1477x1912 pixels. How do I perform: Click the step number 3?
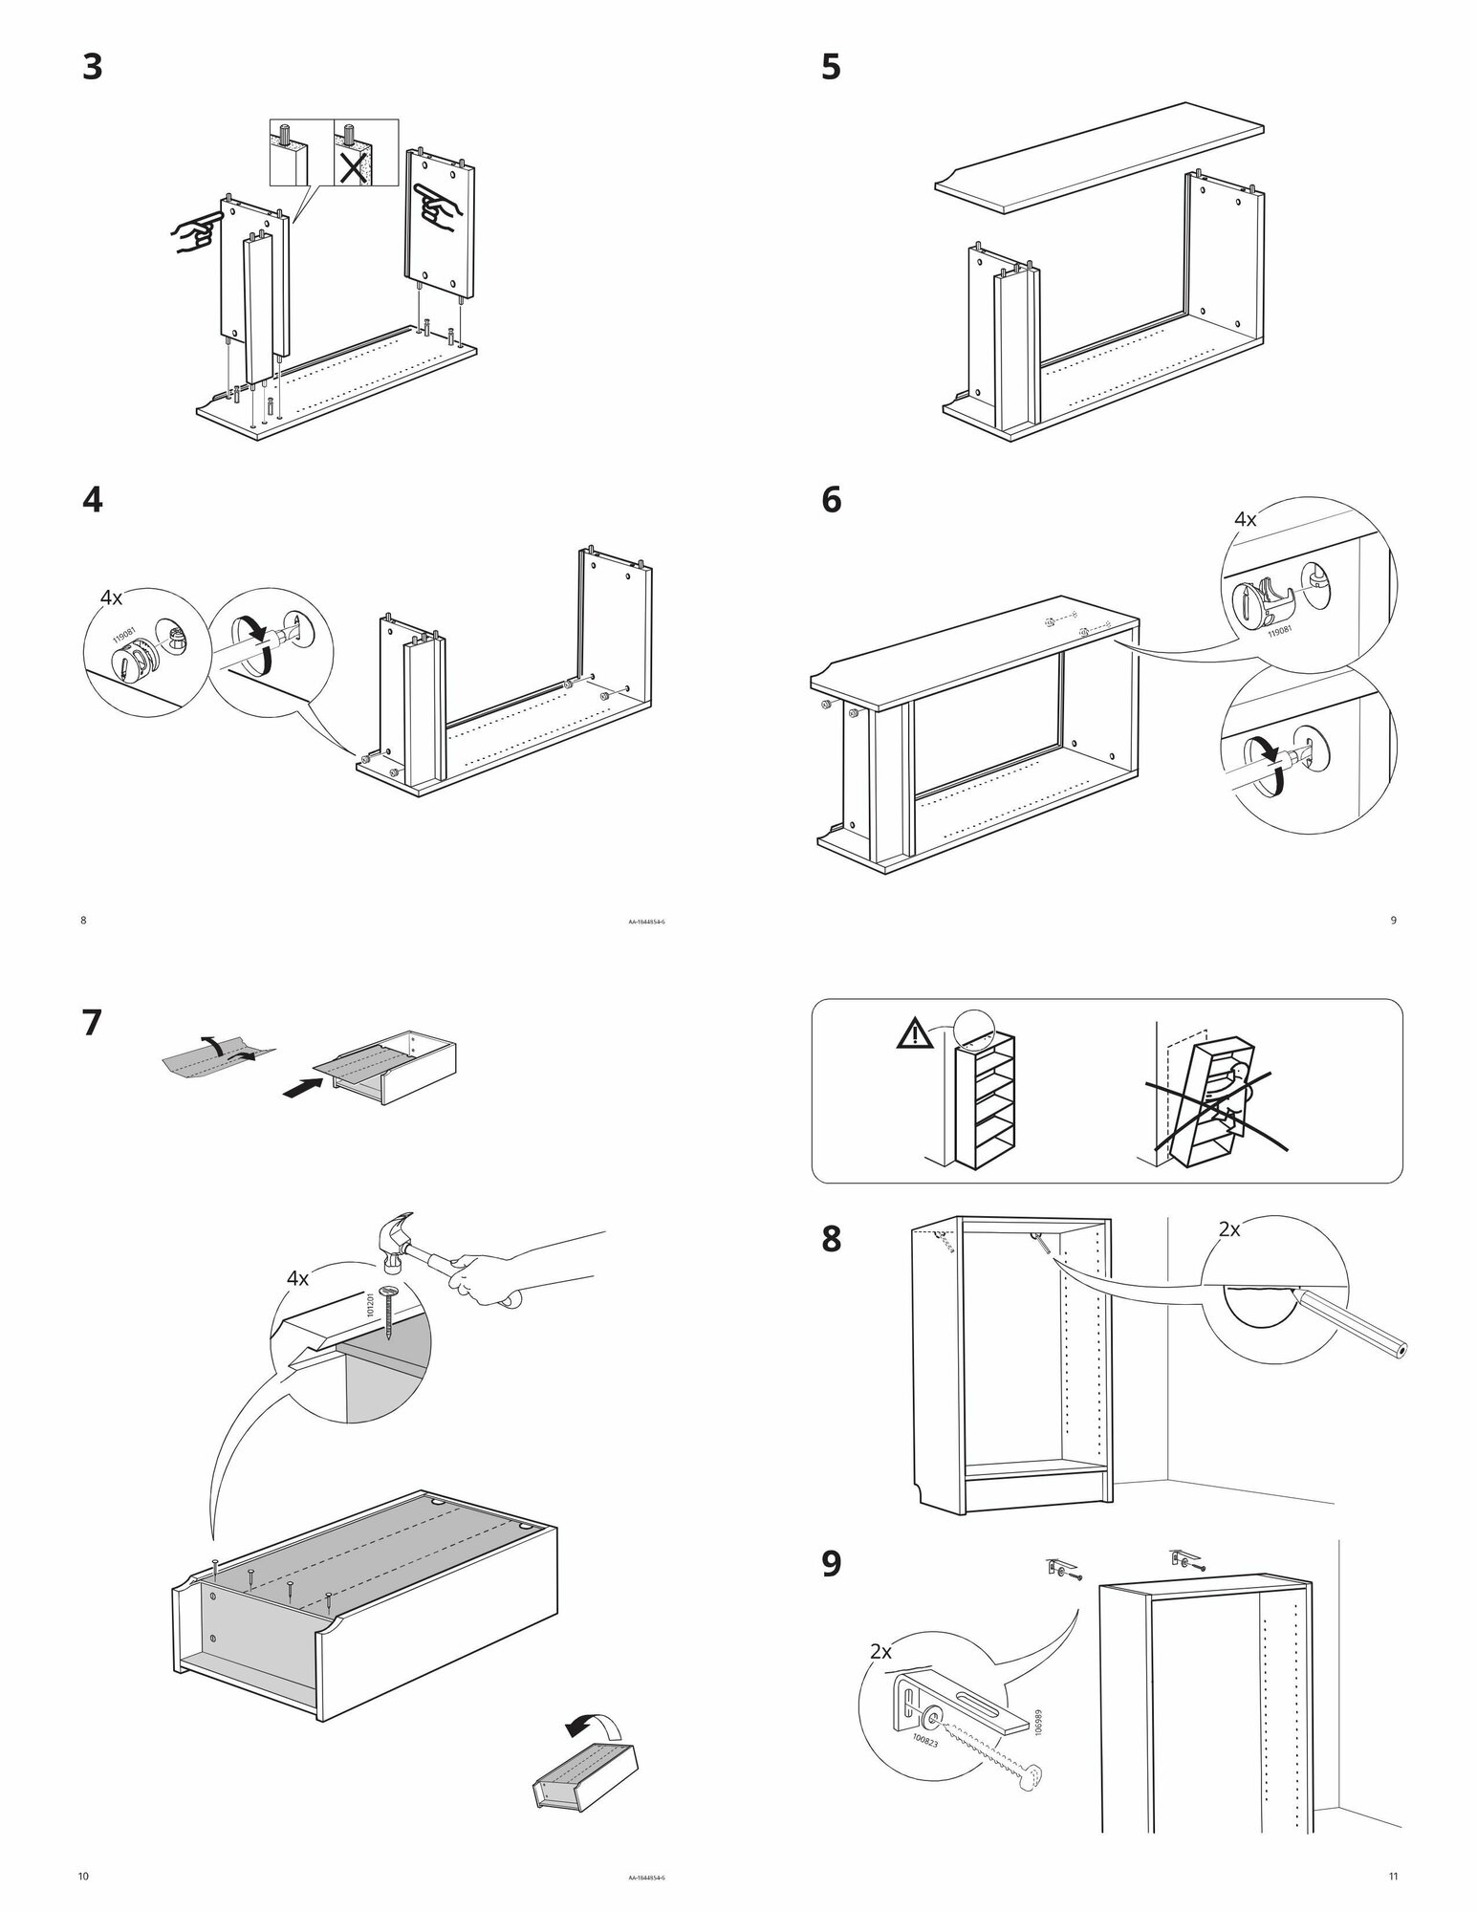click(x=92, y=68)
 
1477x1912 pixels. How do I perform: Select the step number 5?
click(x=831, y=68)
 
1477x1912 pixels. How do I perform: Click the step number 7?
click(x=92, y=1024)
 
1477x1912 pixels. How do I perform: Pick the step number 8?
click(x=832, y=1240)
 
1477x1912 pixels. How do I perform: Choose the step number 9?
click(x=832, y=1564)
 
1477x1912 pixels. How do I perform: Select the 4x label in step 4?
click(x=112, y=598)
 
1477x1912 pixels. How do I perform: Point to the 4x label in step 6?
click(x=1245, y=520)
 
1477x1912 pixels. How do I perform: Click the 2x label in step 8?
click(x=1229, y=1229)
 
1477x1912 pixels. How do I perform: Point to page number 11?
click(x=1392, y=1876)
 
